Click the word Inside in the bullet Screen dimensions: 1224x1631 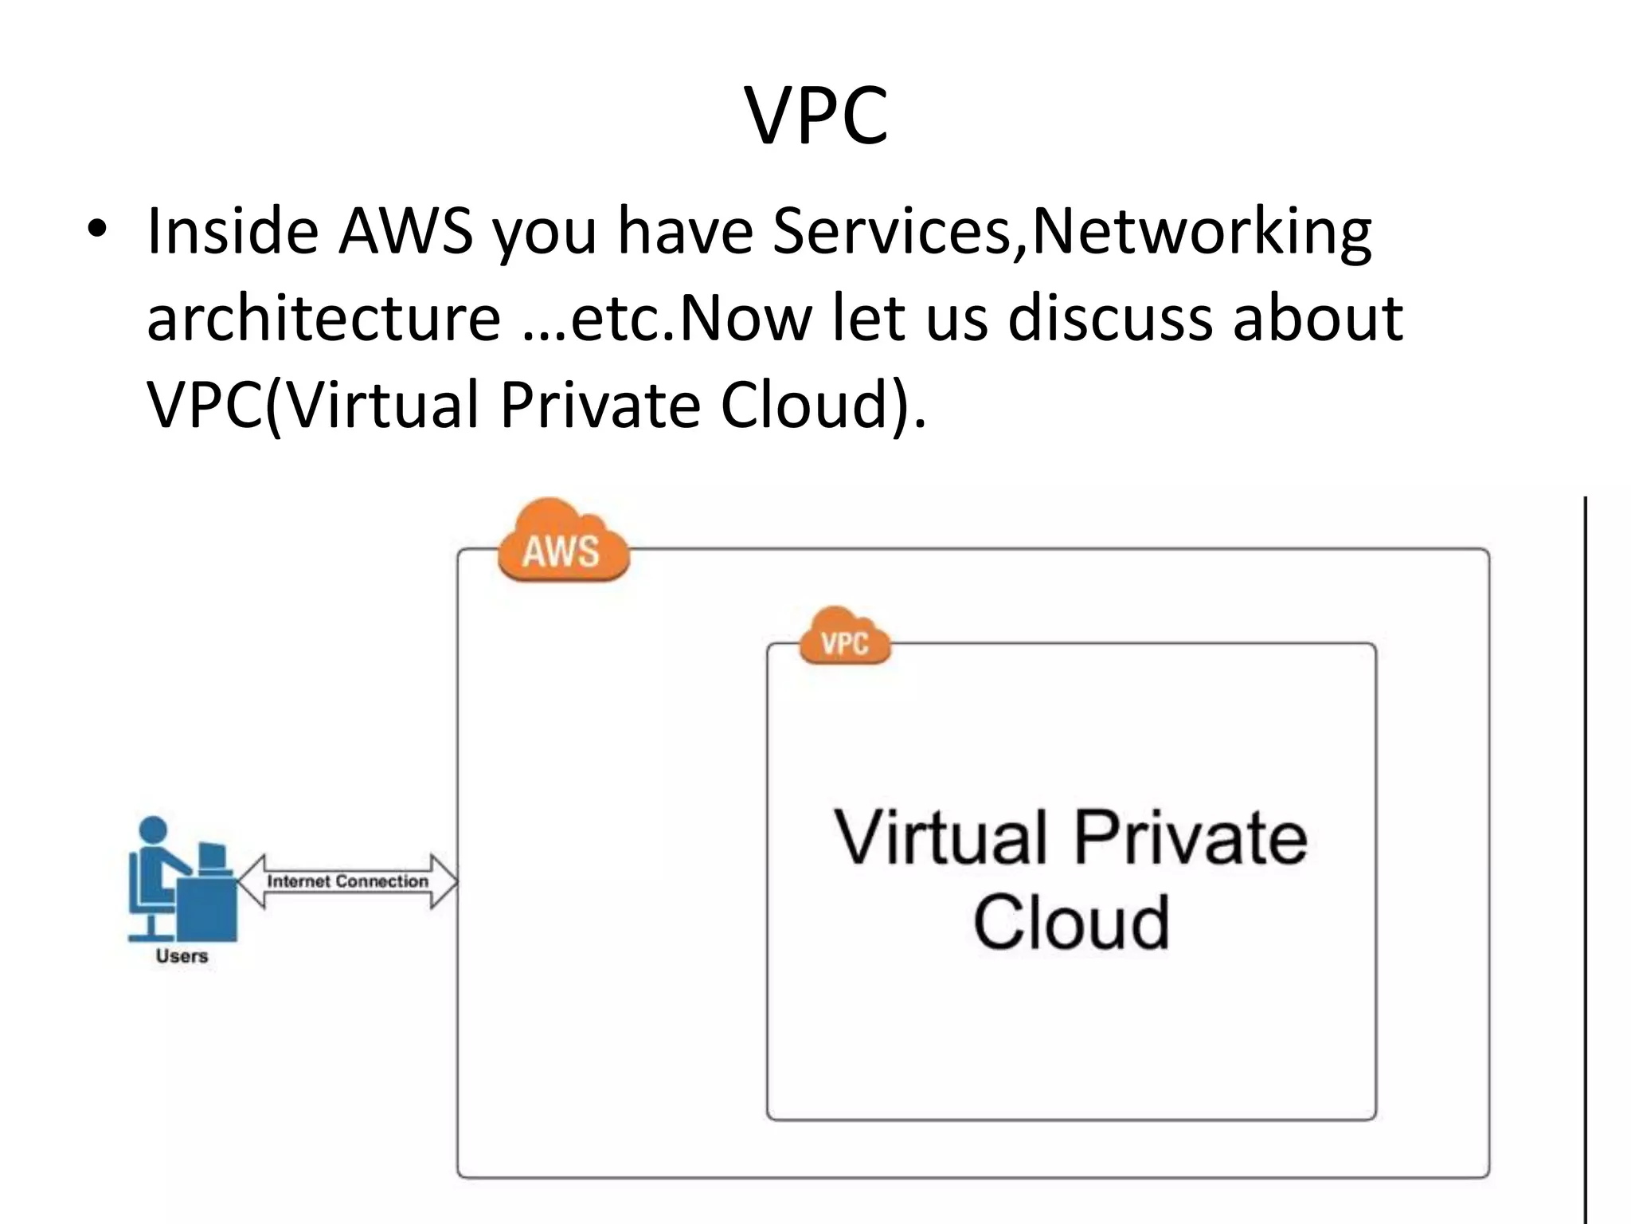click(230, 232)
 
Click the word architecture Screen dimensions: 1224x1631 click(323, 318)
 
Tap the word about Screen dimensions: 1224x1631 click(1318, 318)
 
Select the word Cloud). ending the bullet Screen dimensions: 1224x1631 click(823, 406)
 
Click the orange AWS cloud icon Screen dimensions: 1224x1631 click(562, 542)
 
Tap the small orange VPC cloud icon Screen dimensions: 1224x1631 click(844, 637)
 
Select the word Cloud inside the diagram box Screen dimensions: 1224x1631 click(1070, 922)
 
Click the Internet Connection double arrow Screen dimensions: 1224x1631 click(348, 881)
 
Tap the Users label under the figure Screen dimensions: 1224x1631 click(182, 956)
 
